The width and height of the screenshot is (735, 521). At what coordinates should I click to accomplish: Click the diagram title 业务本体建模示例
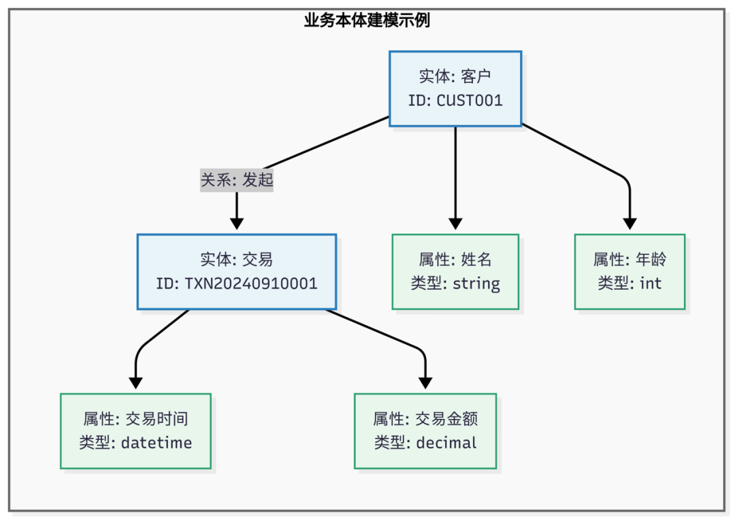(x=367, y=20)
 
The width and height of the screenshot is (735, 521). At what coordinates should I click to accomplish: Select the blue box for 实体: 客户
(x=455, y=88)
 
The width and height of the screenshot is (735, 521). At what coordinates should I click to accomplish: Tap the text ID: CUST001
(x=455, y=101)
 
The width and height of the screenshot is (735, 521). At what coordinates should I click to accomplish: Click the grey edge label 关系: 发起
(x=236, y=180)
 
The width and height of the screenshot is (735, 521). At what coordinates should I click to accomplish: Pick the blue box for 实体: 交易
(x=236, y=271)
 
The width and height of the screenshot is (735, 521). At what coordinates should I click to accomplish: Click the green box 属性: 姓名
(x=455, y=271)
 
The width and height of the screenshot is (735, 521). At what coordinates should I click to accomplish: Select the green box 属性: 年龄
(x=630, y=271)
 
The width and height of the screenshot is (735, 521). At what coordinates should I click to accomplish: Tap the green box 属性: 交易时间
(x=135, y=431)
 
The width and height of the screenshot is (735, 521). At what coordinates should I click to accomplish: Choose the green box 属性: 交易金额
(x=425, y=431)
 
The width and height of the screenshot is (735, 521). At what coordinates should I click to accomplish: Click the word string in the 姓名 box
(x=476, y=284)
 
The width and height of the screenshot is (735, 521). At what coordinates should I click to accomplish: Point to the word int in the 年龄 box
(x=650, y=284)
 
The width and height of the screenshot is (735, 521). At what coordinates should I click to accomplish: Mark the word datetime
(x=157, y=443)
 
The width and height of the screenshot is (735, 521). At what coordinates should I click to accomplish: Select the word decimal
(x=446, y=443)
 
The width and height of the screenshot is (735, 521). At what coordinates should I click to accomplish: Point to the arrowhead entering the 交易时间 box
(x=135, y=383)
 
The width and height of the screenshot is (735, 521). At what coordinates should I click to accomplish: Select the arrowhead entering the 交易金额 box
(x=425, y=383)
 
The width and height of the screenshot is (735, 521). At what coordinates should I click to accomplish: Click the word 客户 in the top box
(x=476, y=75)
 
